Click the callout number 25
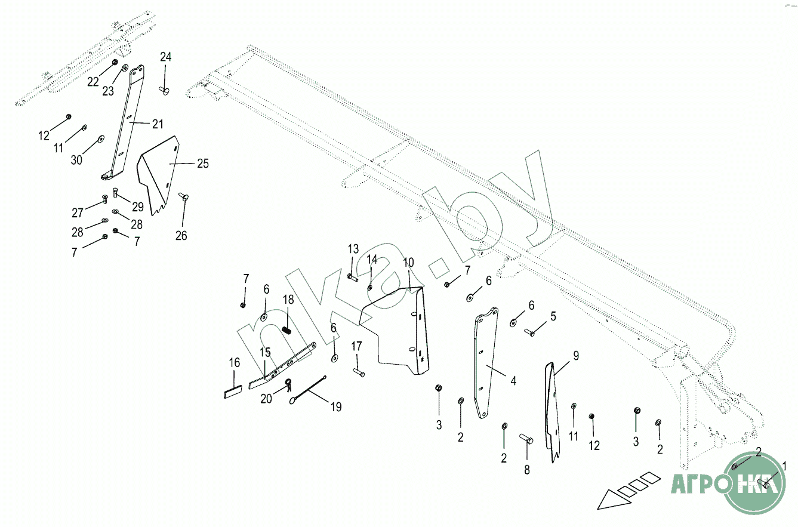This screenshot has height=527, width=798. click(x=203, y=163)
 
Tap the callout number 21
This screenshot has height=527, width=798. click(x=157, y=124)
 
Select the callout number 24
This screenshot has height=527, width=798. click(x=165, y=57)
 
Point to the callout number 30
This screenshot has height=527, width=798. click(x=77, y=160)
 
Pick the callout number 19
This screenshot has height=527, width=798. click(x=336, y=407)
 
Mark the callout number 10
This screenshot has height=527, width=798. click(x=408, y=263)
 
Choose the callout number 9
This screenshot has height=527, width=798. click(x=576, y=356)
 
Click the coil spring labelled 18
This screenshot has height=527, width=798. click(x=286, y=329)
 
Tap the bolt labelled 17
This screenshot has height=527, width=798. click(x=358, y=372)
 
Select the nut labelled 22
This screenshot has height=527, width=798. click(x=115, y=62)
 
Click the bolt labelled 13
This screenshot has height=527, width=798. click(x=352, y=277)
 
